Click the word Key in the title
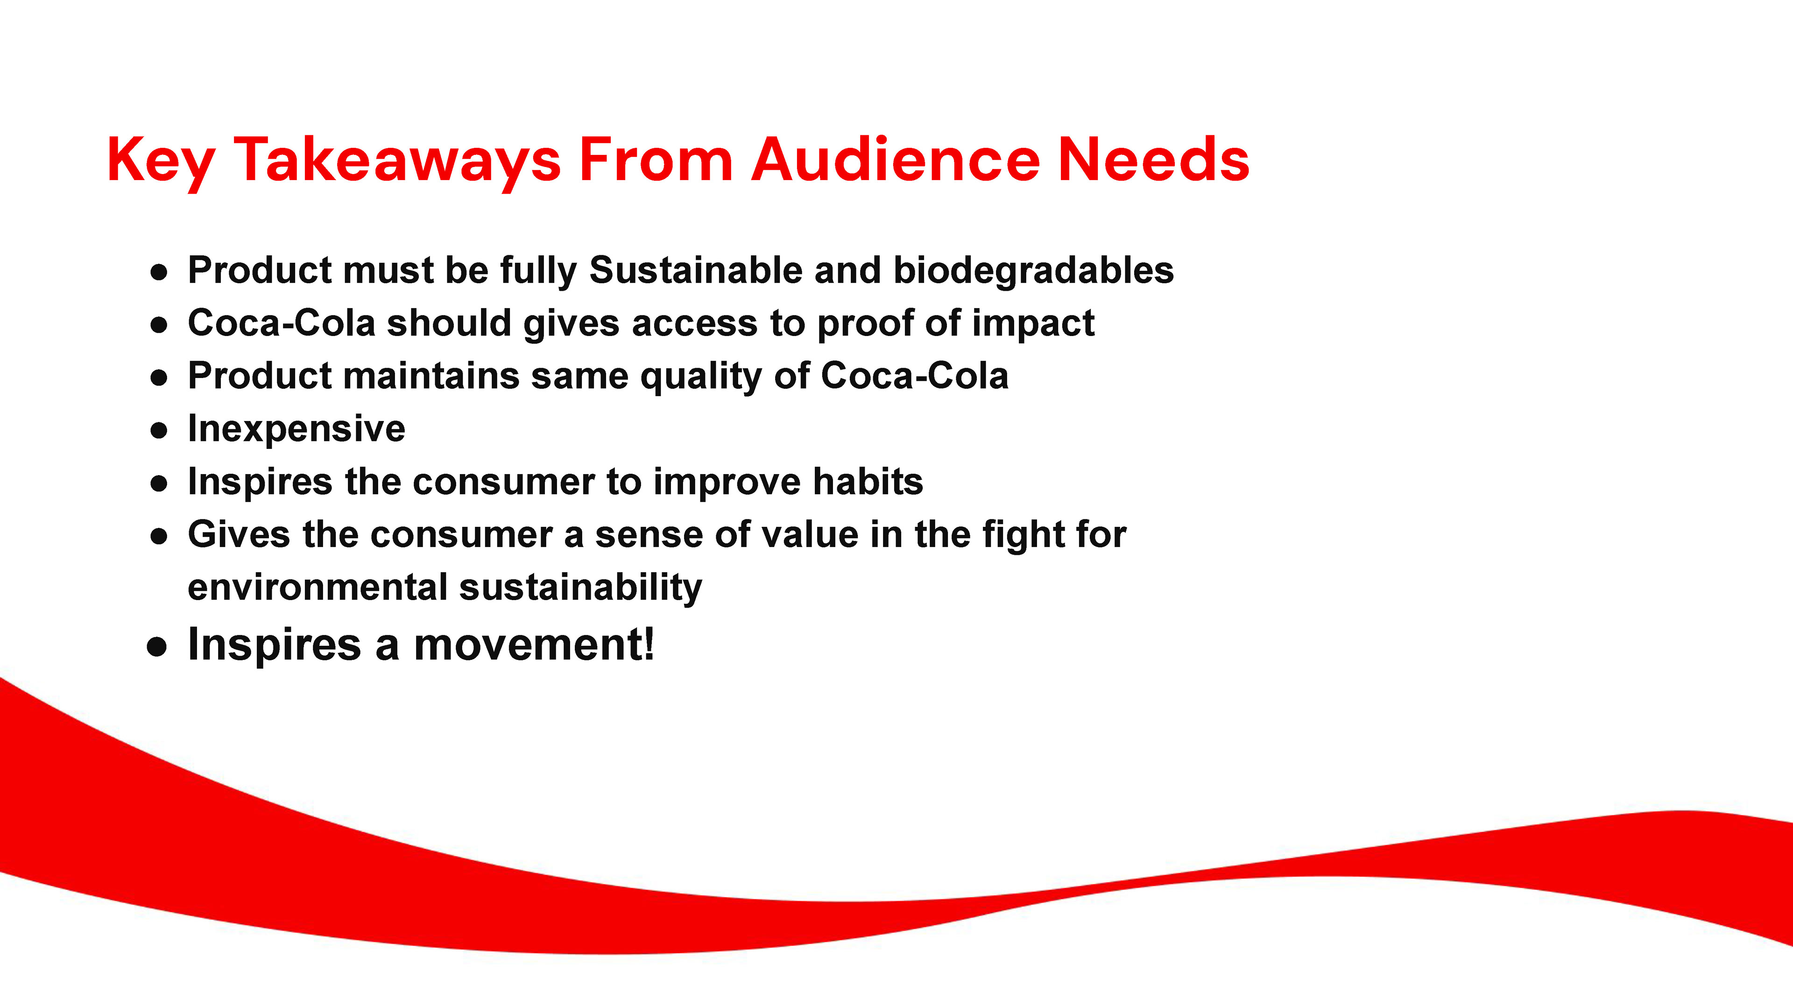161,161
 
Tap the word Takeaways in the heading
397,161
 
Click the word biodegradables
1034,271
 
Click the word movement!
534,644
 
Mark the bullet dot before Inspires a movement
157,647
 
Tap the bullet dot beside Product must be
159,272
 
